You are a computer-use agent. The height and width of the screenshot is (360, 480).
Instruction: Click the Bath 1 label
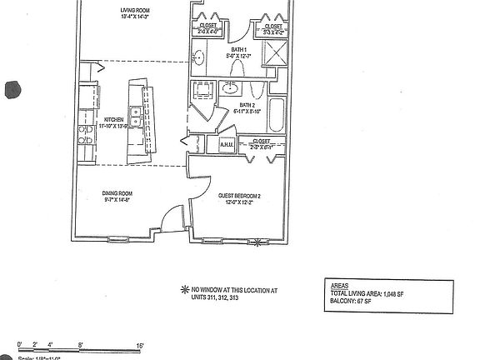coord(239,52)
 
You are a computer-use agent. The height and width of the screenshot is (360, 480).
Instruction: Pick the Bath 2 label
coord(247,106)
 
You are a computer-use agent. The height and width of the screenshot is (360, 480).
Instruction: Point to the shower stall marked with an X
coord(274,52)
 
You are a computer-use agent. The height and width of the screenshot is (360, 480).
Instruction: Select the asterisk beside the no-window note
coord(184,289)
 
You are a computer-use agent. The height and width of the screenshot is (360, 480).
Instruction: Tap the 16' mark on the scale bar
coord(142,344)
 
